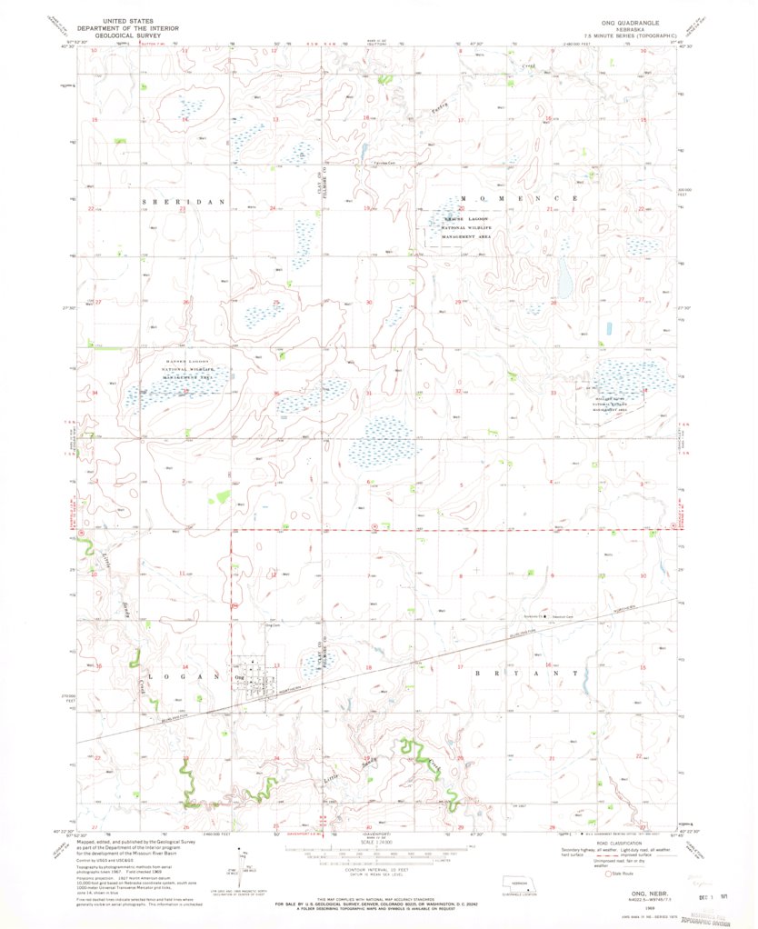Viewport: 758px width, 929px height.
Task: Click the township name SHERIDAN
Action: (x=173, y=198)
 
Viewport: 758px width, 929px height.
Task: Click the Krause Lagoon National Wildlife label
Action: (x=465, y=227)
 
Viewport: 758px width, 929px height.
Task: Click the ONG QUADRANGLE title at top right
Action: (x=629, y=20)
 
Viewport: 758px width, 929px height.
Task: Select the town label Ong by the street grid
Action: (x=239, y=677)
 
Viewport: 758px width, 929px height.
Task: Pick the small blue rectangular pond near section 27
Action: (x=608, y=328)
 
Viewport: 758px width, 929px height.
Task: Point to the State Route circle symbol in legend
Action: (x=609, y=874)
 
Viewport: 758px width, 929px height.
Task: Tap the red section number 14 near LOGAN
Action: (x=185, y=667)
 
